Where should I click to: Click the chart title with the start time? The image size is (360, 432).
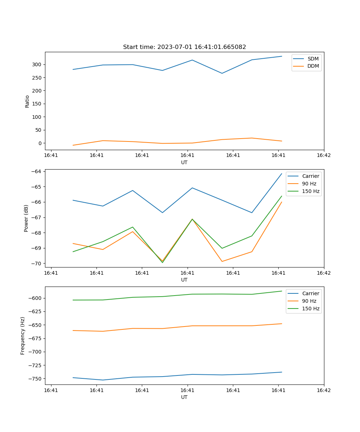[x=184, y=47]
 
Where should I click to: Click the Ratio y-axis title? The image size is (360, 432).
[x=27, y=101]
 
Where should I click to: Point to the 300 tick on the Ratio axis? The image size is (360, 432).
[x=38, y=65]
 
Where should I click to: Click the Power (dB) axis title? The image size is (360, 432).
[x=26, y=219]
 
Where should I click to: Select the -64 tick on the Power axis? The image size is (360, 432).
[x=37, y=172]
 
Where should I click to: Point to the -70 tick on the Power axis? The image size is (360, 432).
[x=37, y=264]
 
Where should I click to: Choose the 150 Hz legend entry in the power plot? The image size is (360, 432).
[x=311, y=191]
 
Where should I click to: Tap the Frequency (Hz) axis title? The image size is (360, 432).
[x=23, y=336]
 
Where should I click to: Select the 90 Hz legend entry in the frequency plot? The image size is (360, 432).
[x=309, y=301]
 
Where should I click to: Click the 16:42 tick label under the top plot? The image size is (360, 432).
[x=324, y=155]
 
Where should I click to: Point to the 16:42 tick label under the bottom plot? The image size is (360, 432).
[x=324, y=390]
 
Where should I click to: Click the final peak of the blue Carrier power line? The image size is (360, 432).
[x=282, y=174]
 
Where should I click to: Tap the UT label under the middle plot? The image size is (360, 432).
[x=184, y=280]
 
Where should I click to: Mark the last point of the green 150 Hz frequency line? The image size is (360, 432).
[x=282, y=291]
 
